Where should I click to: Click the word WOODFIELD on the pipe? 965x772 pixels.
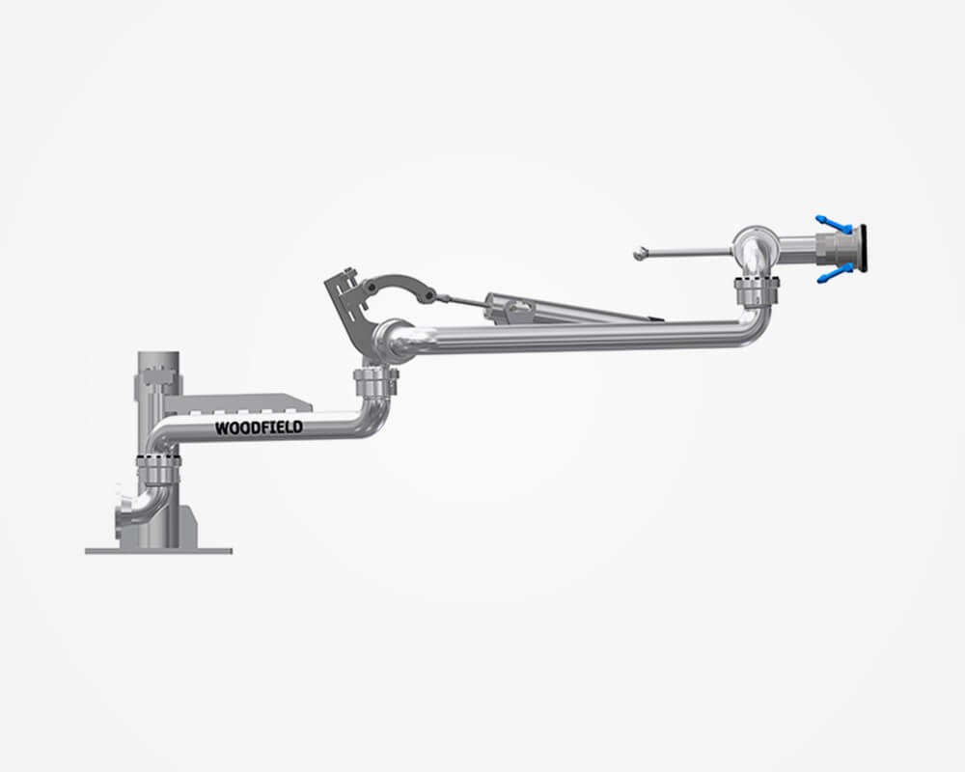tap(259, 427)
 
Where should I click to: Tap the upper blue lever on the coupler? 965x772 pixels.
tap(834, 224)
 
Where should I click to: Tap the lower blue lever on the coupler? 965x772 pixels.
tap(835, 273)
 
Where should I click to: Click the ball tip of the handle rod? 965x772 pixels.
tap(640, 253)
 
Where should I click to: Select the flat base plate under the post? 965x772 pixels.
tap(159, 551)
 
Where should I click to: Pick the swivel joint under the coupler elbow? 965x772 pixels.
tap(757, 290)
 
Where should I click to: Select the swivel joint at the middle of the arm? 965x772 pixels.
tap(375, 382)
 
